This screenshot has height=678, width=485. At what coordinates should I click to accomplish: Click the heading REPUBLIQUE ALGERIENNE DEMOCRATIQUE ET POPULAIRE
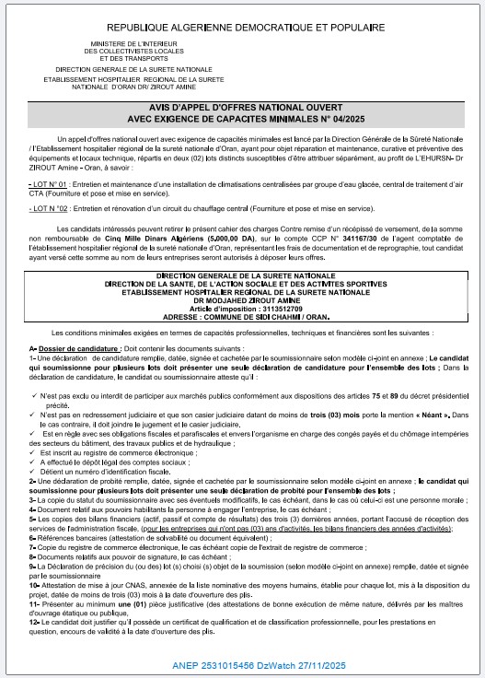242,29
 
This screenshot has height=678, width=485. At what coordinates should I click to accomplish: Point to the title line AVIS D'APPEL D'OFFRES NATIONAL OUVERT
243,107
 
